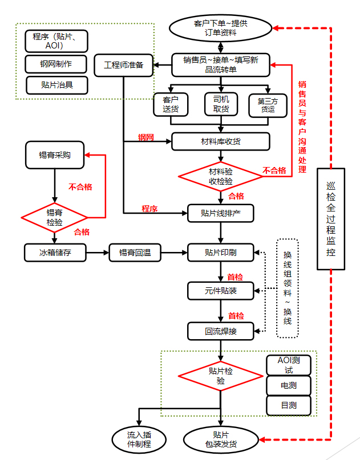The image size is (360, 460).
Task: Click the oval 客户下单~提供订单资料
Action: [220, 27]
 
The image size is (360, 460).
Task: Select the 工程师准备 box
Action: [123, 65]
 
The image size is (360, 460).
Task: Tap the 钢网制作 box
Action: [56, 63]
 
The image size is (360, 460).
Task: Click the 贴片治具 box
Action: [57, 85]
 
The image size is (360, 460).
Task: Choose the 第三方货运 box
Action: [268, 104]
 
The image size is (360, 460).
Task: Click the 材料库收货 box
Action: [220, 141]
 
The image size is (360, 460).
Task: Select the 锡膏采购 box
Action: [55, 156]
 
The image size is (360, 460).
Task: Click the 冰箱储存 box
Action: [55, 252]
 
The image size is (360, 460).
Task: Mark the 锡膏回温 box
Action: [135, 252]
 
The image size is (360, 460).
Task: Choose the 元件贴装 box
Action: [220, 291]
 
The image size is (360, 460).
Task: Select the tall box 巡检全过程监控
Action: [331, 218]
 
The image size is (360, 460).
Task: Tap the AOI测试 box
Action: [289, 365]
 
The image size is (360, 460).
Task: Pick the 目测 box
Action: [289, 405]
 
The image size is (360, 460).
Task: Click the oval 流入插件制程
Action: [139, 439]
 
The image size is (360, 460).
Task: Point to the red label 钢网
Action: [146, 137]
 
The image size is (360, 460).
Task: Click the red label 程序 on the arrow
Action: [149, 209]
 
